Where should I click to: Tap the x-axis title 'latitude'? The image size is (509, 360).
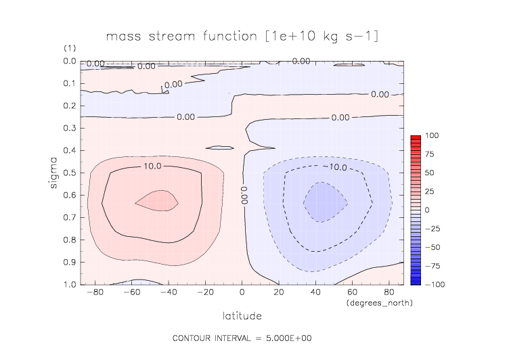click(242, 315)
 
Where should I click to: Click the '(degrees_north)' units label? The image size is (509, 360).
click(379, 302)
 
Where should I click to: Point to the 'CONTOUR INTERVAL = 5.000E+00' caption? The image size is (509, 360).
click(242, 337)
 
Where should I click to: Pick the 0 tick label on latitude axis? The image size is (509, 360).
click(242, 292)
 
